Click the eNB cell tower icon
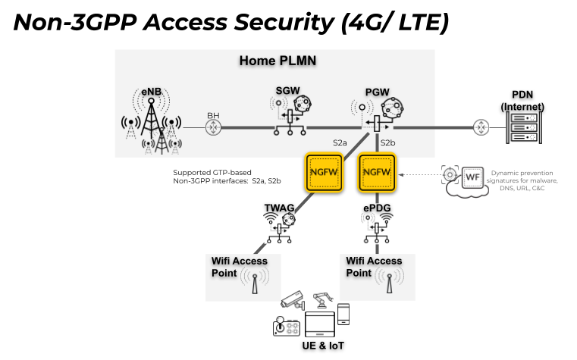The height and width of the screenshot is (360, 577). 152,125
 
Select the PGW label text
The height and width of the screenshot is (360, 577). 377,92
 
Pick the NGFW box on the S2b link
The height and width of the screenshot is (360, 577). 378,173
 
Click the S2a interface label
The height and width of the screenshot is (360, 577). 340,142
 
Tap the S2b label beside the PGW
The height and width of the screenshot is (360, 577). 388,142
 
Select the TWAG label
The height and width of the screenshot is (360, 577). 278,207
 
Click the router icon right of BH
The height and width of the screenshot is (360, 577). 214,128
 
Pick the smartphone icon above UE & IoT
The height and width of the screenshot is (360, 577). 343,313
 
